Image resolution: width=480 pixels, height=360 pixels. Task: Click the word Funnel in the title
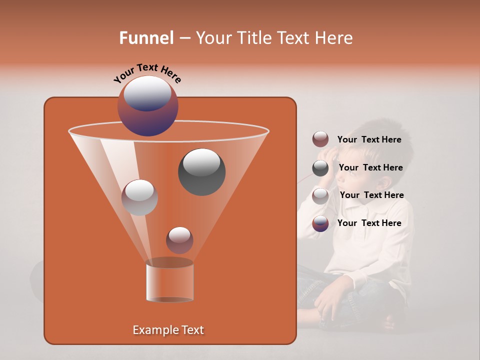point(146,38)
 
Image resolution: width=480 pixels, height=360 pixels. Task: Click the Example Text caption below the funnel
point(168,330)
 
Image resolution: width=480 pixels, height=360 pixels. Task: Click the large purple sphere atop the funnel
point(148,105)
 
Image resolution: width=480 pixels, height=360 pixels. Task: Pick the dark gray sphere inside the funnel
point(201,171)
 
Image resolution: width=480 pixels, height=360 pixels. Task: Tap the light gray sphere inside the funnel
point(139,197)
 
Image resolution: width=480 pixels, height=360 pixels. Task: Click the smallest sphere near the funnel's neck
point(179,240)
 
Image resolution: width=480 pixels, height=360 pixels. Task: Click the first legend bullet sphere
point(320,139)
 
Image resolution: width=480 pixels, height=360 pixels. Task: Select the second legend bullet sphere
point(320,168)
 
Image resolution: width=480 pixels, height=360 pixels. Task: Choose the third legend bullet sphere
point(320,195)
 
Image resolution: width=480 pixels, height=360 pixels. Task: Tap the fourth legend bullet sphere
point(320,223)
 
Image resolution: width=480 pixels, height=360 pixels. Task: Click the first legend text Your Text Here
point(369,139)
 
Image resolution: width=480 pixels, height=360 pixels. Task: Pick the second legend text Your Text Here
point(370,167)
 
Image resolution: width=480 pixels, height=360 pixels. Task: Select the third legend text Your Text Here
point(371,195)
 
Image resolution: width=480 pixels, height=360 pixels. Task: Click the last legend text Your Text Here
point(369,223)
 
